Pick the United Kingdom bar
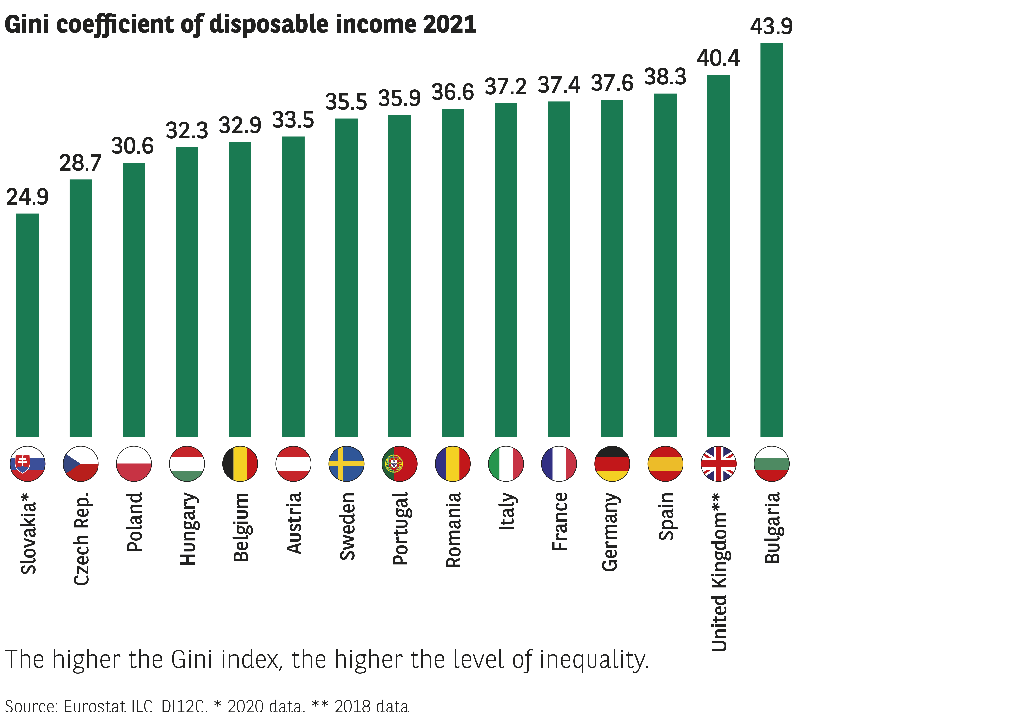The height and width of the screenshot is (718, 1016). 718,256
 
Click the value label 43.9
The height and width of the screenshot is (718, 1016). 771,27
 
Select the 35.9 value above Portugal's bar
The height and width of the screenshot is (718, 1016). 399,98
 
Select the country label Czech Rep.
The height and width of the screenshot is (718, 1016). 82,538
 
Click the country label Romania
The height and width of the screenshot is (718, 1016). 453,529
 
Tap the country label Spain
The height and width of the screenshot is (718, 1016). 666,516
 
